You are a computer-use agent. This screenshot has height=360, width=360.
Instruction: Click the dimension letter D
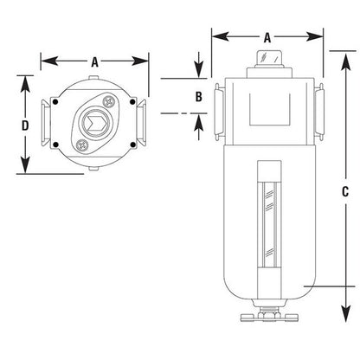(25, 125)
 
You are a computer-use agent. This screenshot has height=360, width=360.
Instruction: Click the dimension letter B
(198, 96)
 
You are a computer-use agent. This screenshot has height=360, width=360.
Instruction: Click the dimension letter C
(345, 191)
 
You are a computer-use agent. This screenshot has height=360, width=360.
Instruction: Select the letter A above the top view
(94, 61)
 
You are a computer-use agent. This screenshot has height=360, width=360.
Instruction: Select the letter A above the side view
(267, 37)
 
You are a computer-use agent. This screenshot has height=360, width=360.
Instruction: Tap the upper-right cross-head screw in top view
(108, 101)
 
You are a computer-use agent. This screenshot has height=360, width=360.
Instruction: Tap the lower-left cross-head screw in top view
(81, 145)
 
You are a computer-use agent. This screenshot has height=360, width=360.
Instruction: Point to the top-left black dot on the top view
(56, 102)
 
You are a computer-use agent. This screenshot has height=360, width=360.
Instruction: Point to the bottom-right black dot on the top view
(132, 145)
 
